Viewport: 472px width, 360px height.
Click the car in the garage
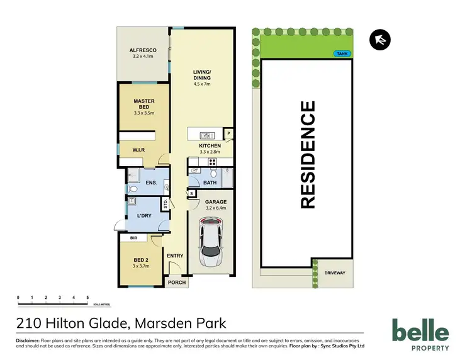coord(210,242)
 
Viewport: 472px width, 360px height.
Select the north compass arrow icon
coord(381,40)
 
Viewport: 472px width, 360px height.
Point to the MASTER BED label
coord(143,104)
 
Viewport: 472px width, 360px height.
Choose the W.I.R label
coord(139,150)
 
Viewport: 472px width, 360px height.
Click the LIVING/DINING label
coord(201,76)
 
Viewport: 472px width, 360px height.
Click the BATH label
coord(210,183)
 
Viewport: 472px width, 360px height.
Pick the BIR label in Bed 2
coord(133,239)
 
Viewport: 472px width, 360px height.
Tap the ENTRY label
coord(175,256)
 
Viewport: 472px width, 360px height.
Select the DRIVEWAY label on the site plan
coord(335,273)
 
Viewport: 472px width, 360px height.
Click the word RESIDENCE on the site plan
coord(308,154)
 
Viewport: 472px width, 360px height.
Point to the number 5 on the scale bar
coord(87,296)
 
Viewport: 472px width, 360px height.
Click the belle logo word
coord(420,332)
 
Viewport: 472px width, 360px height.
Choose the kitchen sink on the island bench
coord(206,135)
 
